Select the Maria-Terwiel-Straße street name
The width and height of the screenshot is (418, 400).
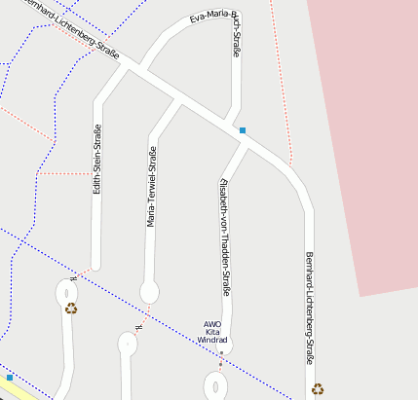152,187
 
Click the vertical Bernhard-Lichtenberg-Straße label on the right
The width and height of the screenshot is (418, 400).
311,308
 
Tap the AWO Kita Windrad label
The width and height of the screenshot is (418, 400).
212,332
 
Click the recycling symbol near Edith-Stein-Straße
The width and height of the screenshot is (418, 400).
71,309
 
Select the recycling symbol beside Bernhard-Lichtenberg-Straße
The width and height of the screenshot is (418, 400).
318,388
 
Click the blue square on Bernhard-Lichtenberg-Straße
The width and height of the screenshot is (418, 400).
243,130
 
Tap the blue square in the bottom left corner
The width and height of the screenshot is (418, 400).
10,377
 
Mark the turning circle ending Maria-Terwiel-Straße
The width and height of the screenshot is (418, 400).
149,291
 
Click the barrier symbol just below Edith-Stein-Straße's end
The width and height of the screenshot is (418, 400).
73,279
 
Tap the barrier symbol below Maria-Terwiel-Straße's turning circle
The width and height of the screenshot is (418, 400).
138,326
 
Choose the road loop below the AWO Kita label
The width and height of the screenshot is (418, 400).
215,384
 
